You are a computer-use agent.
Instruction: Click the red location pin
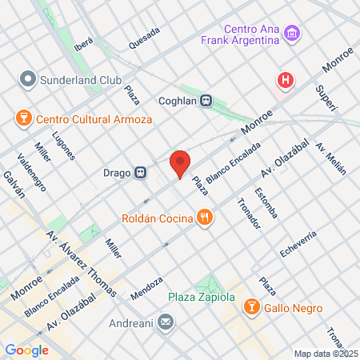click(180, 164)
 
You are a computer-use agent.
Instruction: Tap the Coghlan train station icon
click(206, 101)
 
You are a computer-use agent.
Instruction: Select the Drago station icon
click(140, 171)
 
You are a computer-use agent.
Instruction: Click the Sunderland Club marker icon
click(28, 80)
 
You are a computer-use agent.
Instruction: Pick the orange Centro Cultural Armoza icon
click(22, 118)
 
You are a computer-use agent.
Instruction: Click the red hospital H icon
click(284, 80)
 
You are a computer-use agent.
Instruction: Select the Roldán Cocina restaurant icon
click(206, 217)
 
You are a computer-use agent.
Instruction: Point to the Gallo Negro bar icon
click(252, 308)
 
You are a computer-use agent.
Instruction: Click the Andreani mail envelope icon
click(166, 323)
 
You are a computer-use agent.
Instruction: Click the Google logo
click(26, 350)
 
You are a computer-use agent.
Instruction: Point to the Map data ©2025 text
click(325, 354)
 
